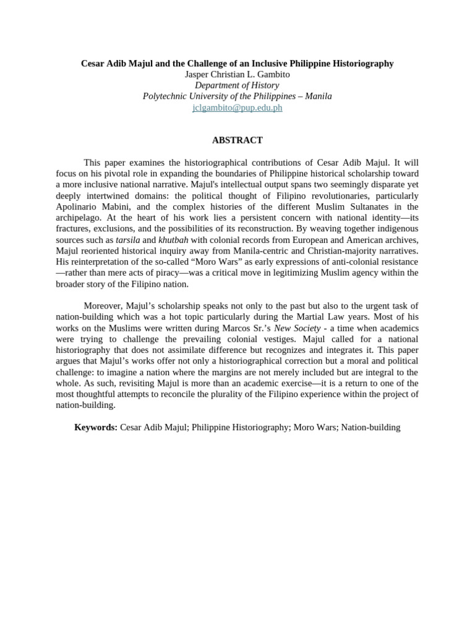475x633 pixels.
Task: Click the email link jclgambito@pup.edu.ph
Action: pyautogui.click(x=237, y=108)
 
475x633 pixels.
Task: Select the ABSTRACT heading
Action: pyautogui.click(x=237, y=140)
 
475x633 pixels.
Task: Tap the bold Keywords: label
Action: pyautogui.click(x=96, y=427)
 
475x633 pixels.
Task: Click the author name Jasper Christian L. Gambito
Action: pyautogui.click(x=237, y=74)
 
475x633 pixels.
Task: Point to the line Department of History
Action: pyautogui.click(x=237, y=85)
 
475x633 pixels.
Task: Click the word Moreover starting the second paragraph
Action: pyautogui.click(x=103, y=306)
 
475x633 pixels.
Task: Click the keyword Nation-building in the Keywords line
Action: pyautogui.click(x=370, y=427)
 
